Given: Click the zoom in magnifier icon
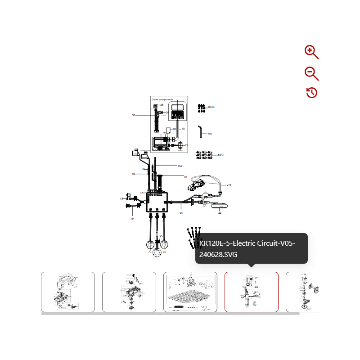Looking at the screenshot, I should click(311, 52).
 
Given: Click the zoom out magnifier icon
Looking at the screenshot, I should click(311, 73).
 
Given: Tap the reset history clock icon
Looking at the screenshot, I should click(312, 93).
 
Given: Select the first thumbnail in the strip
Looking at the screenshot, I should click(68, 292).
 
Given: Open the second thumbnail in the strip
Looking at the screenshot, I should click(129, 292).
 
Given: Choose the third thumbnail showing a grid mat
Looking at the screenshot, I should click(190, 292).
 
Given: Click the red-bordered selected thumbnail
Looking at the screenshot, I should click(252, 292).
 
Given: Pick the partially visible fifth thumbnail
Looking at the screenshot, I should click(303, 292).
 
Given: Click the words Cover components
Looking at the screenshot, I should click(162, 99).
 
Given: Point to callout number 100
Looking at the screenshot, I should click(210, 134).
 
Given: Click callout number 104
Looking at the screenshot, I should click(180, 166).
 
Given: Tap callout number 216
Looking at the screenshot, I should click(229, 185).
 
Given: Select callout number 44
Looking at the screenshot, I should click(220, 213).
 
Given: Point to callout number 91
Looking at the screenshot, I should click(134, 115).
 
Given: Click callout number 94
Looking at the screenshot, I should click(133, 219).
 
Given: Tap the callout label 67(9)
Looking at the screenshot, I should click(211, 107).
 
